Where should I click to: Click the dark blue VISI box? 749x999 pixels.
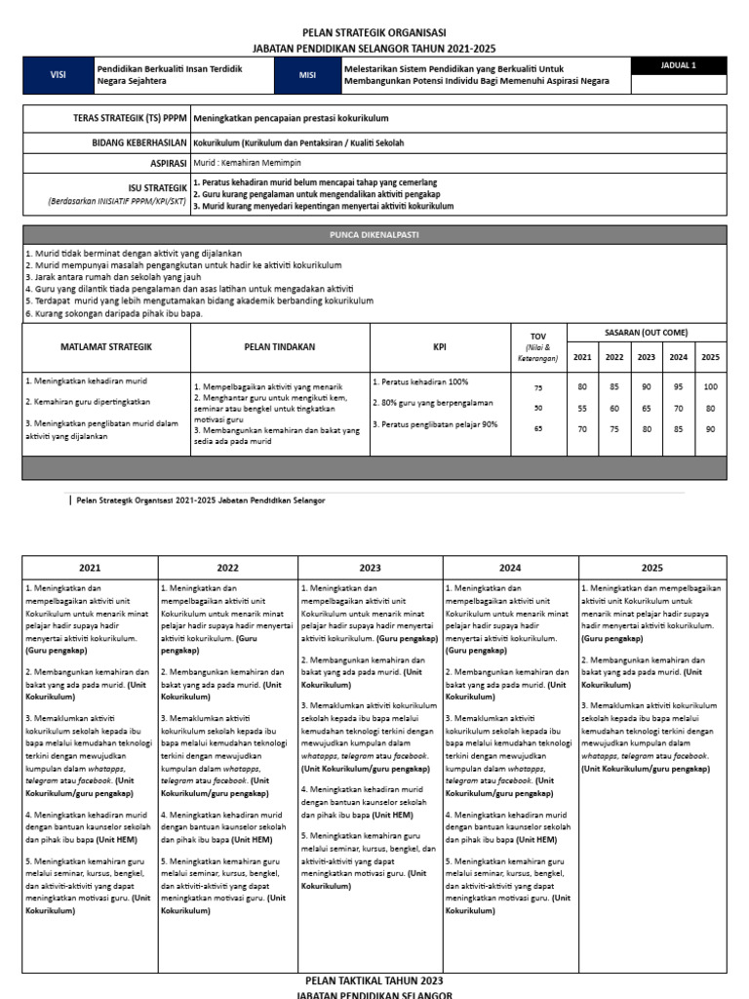point(57,76)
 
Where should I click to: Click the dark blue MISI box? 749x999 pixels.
point(308,76)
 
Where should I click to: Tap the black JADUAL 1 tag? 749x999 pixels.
point(679,66)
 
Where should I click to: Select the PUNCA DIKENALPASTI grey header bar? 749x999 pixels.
point(374,235)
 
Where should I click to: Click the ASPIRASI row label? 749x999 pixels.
point(168,163)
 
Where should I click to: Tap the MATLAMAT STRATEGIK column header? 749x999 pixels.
point(105,346)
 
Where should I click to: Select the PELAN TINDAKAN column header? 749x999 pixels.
point(280,346)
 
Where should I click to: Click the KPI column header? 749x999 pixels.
point(440,346)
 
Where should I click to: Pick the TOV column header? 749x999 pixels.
point(537,337)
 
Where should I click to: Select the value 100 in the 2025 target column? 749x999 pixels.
point(710,387)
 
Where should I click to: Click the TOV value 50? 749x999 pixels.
point(537,409)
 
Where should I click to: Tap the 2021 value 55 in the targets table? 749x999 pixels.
point(583,409)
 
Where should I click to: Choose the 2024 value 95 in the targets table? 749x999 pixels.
point(679,387)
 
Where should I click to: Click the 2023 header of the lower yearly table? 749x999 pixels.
point(370,568)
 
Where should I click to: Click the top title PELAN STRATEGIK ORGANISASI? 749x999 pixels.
point(374,32)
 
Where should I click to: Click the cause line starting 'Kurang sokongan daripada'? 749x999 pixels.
point(117,313)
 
